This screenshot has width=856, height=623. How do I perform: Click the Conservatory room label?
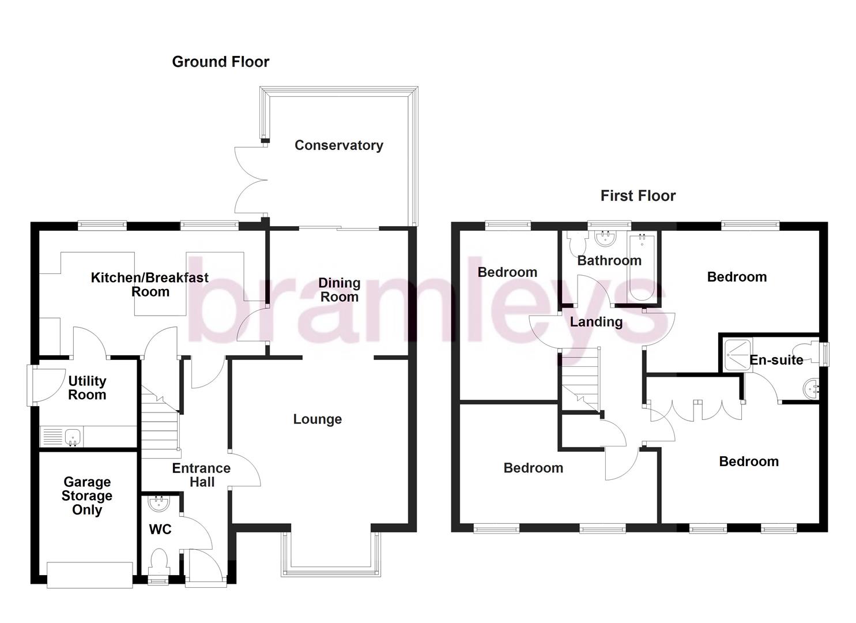338,145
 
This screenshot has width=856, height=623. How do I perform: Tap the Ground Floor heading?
220,62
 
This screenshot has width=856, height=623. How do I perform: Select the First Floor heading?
638,196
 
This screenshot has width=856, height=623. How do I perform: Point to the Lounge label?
317,419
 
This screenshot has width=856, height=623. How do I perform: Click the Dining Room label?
339,290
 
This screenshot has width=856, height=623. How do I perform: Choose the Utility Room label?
87,388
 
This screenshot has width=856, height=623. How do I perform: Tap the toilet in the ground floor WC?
158,561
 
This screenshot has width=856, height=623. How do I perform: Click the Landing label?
596,322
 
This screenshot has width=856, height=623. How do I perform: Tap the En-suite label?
776,360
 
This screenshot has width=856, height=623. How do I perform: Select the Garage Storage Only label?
87,496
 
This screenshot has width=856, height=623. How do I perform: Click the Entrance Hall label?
201,475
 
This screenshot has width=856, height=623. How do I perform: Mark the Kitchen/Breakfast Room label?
150,284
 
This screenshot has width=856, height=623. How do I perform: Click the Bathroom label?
609,261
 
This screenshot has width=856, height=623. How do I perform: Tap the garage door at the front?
89,575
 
